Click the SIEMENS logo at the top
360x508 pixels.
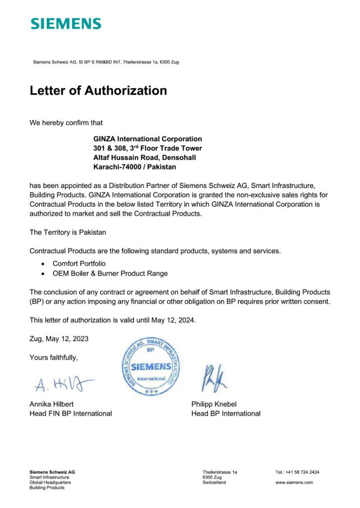pyautogui.click(x=66, y=24)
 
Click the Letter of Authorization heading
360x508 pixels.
pyautogui.click(x=98, y=91)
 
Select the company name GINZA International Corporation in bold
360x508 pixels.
pyautogui.click(x=147, y=139)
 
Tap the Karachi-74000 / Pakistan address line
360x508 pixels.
pyautogui.click(x=135, y=167)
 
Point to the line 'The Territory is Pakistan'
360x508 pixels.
pyautogui.click(x=68, y=232)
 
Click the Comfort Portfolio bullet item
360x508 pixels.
pyautogui.click(x=79, y=263)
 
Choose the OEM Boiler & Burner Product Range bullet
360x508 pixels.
pyautogui.click(x=110, y=273)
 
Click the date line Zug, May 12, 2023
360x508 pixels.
pyautogui.click(x=59, y=339)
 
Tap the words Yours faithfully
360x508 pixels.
pyautogui.click(x=54, y=357)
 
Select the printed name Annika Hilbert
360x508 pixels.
pyautogui.click(x=52, y=404)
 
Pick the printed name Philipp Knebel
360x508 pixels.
pyautogui.click(x=214, y=404)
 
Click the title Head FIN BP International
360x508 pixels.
pyautogui.click(x=71, y=414)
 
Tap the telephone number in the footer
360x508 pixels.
pyautogui.click(x=297, y=472)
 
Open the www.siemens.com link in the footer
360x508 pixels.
pyautogui.click(x=294, y=482)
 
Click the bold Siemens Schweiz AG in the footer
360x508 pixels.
pyautogui.click(x=52, y=472)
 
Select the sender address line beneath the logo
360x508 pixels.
pyautogui.click(x=106, y=62)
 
